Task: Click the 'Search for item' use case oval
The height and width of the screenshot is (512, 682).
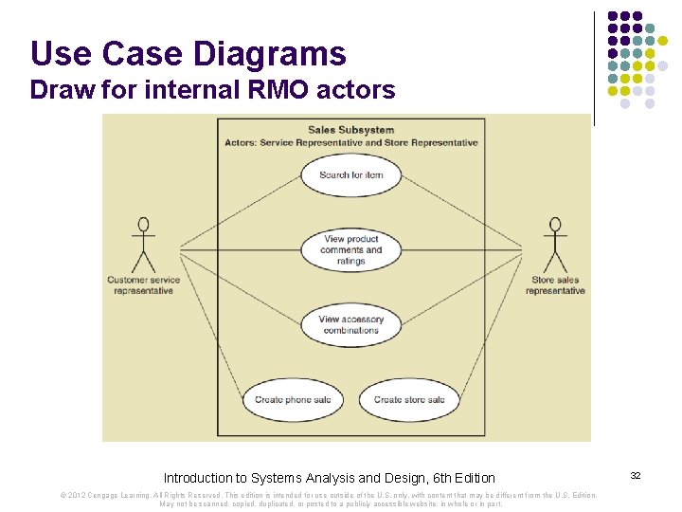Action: coord(351,175)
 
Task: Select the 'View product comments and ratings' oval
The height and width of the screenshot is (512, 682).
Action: coord(351,250)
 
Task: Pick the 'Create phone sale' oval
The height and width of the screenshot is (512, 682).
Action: coord(293,400)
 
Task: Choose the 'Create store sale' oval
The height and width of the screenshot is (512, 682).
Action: coord(409,400)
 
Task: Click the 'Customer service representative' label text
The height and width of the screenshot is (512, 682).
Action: coord(143,285)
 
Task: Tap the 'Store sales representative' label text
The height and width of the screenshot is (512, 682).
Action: coord(555,285)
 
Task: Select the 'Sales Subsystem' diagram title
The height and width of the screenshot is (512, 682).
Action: coord(351,130)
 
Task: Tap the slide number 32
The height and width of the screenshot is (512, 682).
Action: coord(635,474)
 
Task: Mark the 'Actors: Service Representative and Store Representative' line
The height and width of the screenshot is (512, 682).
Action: coord(351,143)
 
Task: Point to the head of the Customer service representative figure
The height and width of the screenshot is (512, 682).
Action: coord(143,225)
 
